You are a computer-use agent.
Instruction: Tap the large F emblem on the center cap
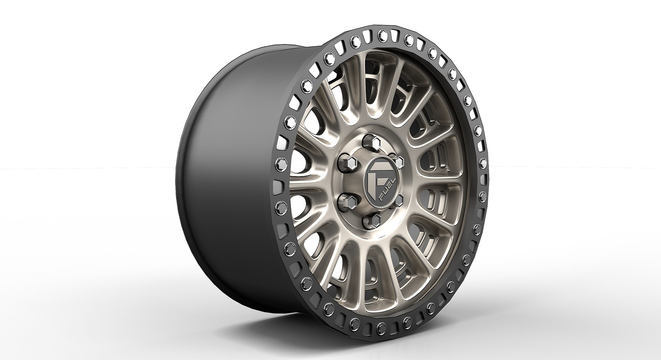pyautogui.click(x=376, y=180)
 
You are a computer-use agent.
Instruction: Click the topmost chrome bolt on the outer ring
pyautogui.click(x=381, y=34)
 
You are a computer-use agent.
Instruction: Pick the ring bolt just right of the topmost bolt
pyautogui.click(x=408, y=38)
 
